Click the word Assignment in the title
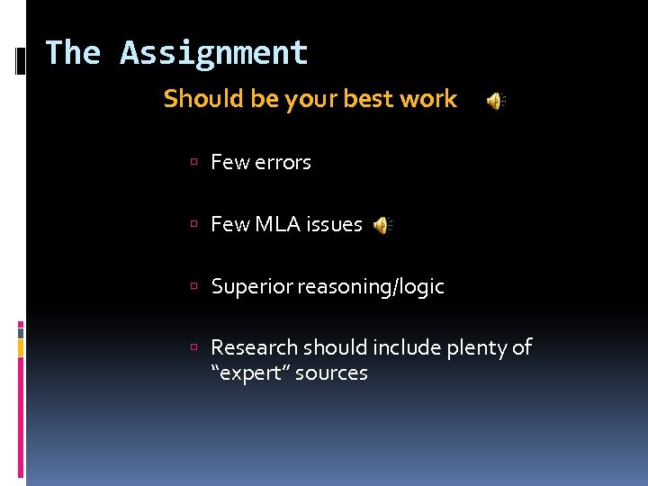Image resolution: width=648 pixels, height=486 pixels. coord(214,54)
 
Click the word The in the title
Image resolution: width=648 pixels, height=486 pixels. coord(73,53)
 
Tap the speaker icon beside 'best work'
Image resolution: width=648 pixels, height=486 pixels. coord(496,101)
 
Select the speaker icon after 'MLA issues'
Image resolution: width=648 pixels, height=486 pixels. coord(383,225)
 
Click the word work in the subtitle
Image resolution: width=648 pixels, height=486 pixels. coord(428,99)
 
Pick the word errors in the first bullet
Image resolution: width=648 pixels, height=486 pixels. coord(283,163)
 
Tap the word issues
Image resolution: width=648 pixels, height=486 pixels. coord(335,225)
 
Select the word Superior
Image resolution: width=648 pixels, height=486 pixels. coord(251,287)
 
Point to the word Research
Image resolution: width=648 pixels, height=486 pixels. coord(255,347)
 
